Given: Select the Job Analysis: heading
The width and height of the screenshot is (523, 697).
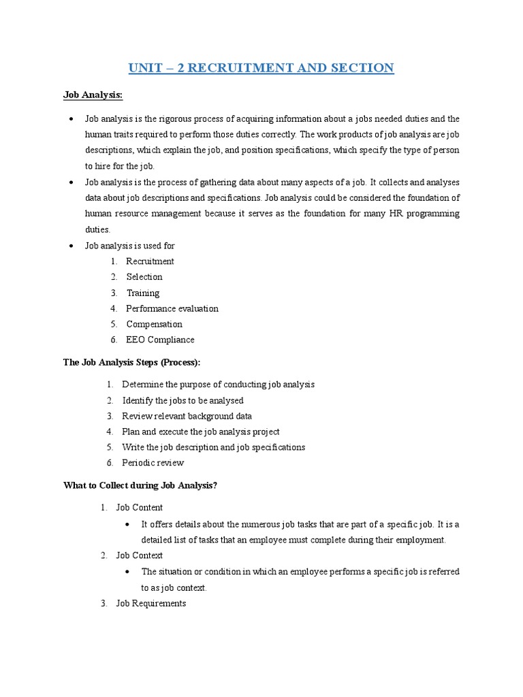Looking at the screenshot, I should tap(93, 95).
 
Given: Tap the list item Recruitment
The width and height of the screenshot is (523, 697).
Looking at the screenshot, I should tap(150, 261).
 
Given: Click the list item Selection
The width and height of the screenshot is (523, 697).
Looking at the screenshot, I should tap(144, 277).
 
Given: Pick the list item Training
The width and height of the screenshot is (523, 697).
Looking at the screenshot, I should tap(143, 293).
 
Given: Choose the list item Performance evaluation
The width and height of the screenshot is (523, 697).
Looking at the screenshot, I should tap(172, 309).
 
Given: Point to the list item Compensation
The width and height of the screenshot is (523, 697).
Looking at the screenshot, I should tap(155, 325).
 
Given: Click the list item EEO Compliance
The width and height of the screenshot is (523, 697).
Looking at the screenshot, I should tap(160, 340).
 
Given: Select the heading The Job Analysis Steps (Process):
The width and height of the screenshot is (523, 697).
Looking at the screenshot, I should tap(132, 363).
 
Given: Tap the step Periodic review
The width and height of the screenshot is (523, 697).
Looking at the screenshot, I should tap(153, 463).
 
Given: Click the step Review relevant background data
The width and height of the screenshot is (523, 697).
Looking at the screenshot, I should tap(187, 416).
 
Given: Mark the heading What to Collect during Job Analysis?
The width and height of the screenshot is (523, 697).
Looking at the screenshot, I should tap(140, 485).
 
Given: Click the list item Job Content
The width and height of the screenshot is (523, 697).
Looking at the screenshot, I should tap(139, 508).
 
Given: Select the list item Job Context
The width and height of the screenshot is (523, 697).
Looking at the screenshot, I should tap(139, 555).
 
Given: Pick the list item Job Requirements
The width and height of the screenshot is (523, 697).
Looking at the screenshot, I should tap(150, 604).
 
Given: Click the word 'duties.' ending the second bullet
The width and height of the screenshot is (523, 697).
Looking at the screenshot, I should tap(97, 230).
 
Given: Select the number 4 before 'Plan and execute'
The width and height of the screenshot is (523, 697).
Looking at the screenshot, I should tap(109, 432).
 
